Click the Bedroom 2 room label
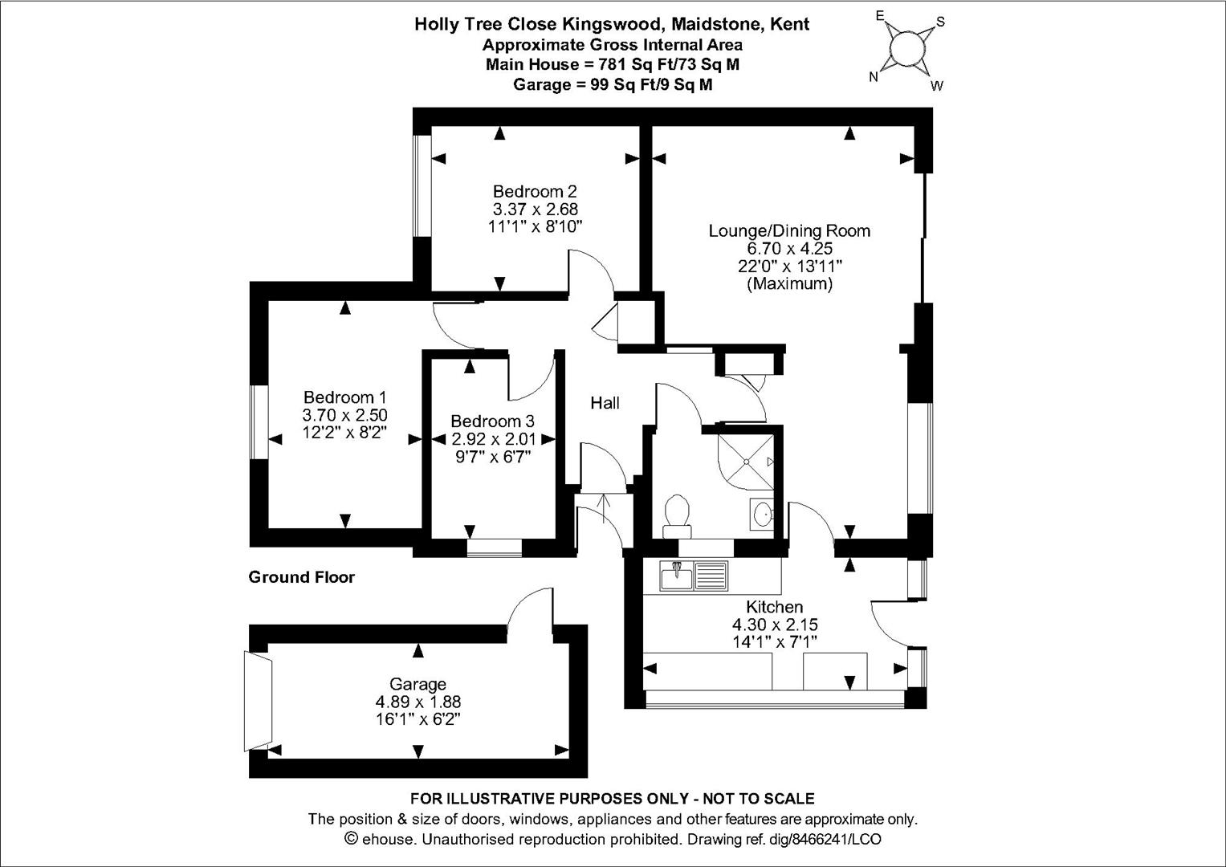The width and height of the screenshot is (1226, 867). click(534, 191)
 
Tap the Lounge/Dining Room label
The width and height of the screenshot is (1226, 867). click(788, 231)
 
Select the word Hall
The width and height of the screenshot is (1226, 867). click(605, 403)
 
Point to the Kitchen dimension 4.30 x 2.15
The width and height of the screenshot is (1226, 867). click(774, 625)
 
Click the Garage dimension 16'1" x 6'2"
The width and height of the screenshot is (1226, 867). click(417, 718)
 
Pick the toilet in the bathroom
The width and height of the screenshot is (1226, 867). click(678, 515)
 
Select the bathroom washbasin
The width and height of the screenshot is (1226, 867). click(763, 514)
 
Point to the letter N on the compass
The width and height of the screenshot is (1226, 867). click(874, 77)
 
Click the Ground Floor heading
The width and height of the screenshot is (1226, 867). click(301, 577)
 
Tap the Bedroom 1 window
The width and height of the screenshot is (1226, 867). click(258, 422)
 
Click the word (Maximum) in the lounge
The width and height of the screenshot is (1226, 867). click(789, 284)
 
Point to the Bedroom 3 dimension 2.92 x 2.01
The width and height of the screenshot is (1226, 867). click(491, 439)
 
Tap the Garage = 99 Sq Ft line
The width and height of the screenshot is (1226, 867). click(612, 84)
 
